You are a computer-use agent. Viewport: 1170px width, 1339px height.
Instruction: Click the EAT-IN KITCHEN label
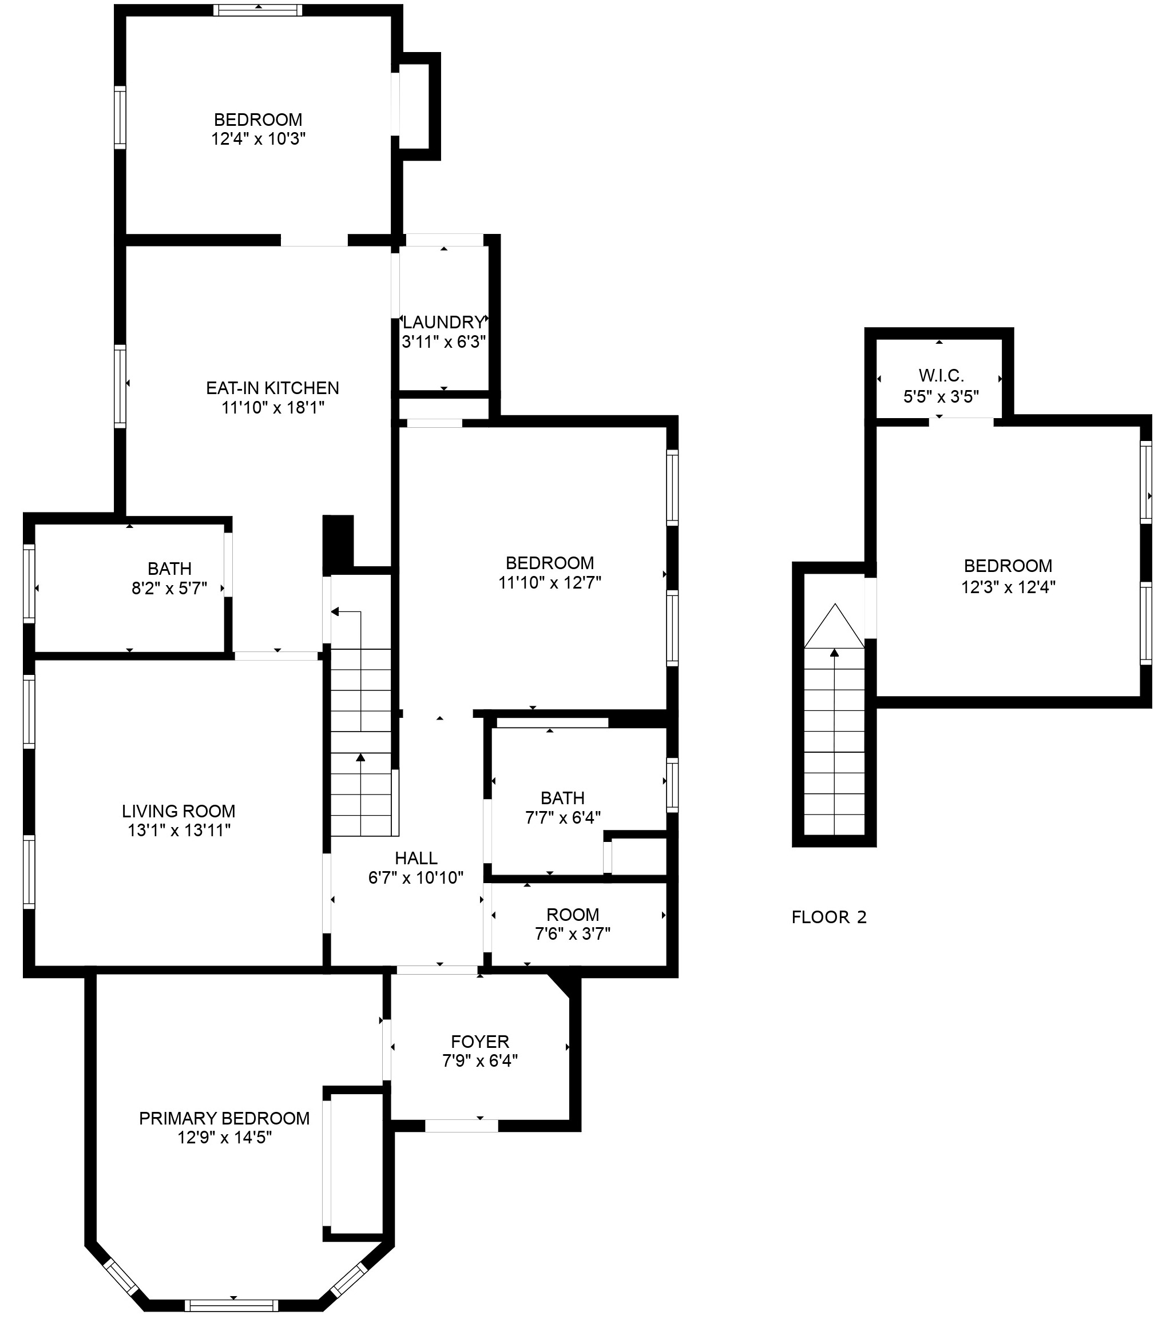coord(272,388)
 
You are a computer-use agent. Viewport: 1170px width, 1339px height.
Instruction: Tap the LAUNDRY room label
coord(443,322)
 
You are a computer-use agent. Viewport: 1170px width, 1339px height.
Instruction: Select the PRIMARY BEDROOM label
coord(224,1118)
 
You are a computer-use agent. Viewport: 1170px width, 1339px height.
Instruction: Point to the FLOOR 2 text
coord(828,917)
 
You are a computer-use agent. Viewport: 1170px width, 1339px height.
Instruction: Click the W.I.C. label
coord(941,375)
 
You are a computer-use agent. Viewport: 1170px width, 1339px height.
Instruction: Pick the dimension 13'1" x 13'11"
coord(179,830)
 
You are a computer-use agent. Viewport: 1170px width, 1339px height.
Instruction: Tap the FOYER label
coord(479,1042)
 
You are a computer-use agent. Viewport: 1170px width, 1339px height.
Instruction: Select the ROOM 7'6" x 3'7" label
coord(573,915)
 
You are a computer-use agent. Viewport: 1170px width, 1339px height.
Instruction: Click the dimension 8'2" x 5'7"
coord(169,588)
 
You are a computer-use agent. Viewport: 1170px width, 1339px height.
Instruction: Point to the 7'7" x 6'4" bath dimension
coord(563,817)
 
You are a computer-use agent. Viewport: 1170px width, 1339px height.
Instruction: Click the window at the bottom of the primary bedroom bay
coord(231,1305)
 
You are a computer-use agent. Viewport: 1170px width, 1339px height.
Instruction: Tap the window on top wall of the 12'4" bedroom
coord(258,10)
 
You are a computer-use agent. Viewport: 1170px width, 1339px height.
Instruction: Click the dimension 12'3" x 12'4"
coord(1008,586)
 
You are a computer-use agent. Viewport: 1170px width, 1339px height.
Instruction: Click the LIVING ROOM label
coord(179,811)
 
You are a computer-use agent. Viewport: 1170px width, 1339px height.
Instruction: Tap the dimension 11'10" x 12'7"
coord(550,582)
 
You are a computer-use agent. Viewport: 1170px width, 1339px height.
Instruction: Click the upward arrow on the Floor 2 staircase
coord(834,652)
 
